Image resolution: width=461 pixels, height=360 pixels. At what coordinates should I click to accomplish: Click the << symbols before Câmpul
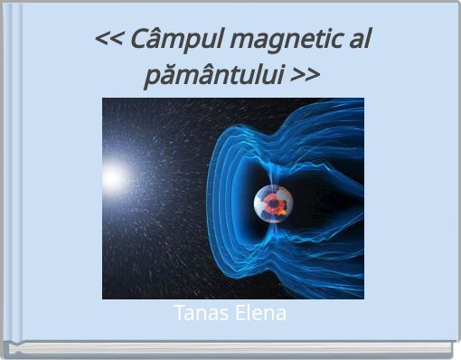(108, 42)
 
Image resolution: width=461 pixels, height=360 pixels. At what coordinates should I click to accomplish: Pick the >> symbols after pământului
(306, 74)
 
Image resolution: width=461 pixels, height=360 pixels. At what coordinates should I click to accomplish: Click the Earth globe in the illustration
(274, 204)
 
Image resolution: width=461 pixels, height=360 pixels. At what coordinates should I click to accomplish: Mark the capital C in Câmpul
(139, 41)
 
